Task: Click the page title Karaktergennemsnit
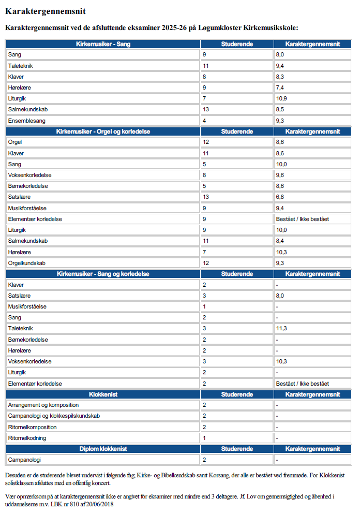[x=46, y=11]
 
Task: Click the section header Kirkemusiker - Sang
[x=103, y=44]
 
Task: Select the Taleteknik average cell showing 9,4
[x=280, y=66]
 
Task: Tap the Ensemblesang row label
[x=27, y=121]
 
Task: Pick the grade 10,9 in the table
[x=281, y=98]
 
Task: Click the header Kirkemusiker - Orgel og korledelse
[x=103, y=131]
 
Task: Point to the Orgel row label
[x=15, y=142]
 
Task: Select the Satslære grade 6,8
[x=280, y=197]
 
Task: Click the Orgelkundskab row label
[x=27, y=263]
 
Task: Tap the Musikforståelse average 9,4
[x=280, y=208]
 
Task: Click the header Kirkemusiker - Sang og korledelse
[x=103, y=274]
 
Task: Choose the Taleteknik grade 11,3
[x=281, y=329]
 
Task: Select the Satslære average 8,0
[x=280, y=296]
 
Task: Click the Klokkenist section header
[x=103, y=394]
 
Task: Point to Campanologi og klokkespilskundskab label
[x=54, y=416]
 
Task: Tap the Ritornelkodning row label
[x=27, y=438]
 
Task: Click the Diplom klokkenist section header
[x=103, y=449]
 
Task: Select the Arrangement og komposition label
[x=43, y=405]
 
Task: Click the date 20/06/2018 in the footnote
[x=100, y=504]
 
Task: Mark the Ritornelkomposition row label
[x=33, y=428]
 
